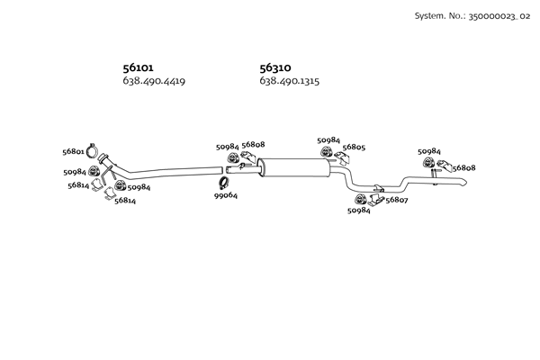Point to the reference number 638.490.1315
pos(290,82)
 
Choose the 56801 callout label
pos(74,152)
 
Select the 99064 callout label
pos(226,195)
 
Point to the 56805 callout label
pos(354,148)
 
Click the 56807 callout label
pos(397,200)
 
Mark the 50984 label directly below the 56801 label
pos(75,171)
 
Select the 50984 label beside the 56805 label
pos(329,140)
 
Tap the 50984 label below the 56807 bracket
pos(358,211)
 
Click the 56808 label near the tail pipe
pos(463,167)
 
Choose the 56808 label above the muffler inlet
pos(254,145)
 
